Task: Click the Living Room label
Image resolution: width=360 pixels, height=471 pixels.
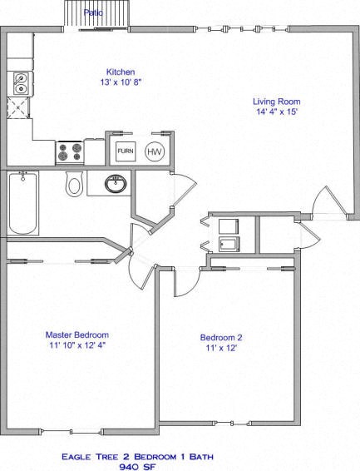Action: [x=276, y=102]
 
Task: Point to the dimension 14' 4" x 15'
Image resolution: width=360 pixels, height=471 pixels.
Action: [x=276, y=113]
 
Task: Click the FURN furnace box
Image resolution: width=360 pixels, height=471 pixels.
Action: [x=126, y=151]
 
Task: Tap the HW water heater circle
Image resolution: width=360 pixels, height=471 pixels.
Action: [x=155, y=151]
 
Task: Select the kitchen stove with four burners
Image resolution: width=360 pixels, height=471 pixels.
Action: [x=69, y=151]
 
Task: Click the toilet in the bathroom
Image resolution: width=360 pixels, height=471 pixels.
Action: [x=75, y=183]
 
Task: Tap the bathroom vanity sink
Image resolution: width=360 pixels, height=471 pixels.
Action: [x=115, y=184]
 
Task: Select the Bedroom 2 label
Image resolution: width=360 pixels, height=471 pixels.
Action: [x=221, y=337]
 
